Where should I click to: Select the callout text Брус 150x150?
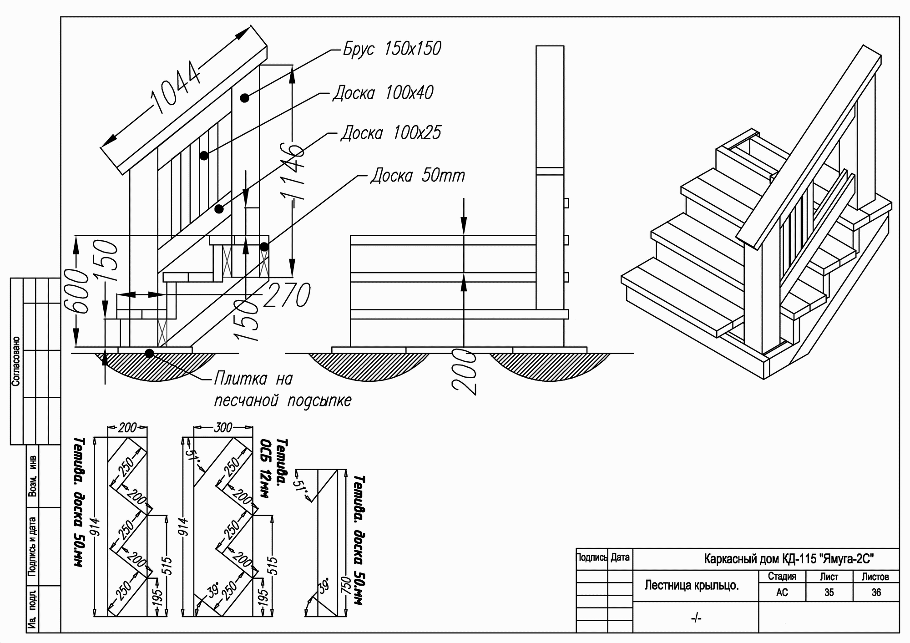(x=392, y=49)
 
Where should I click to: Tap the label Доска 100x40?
(x=383, y=93)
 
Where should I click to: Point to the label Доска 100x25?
(x=391, y=133)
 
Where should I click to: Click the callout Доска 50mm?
(x=418, y=175)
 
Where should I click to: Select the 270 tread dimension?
(x=287, y=295)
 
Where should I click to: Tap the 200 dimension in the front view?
(x=464, y=371)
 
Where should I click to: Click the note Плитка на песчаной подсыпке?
(x=282, y=390)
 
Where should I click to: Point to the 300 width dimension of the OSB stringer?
(x=223, y=427)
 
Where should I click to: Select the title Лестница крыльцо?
(x=691, y=585)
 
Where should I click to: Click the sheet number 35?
(x=829, y=592)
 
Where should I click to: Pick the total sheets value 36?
(x=876, y=592)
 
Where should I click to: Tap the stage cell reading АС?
(x=782, y=592)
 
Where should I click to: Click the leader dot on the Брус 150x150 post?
(x=245, y=98)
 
